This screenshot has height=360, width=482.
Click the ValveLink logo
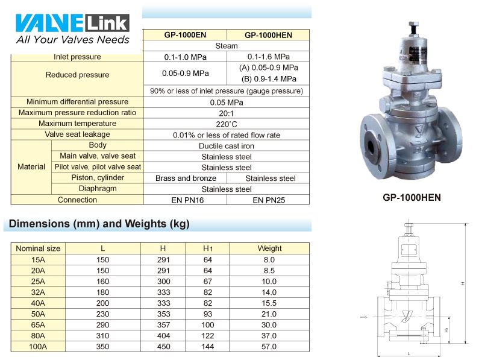pyautogui.click(x=72, y=29)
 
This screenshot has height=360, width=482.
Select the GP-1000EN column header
pyautogui.click(x=186, y=35)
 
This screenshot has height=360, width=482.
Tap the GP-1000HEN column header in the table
pyautogui.click(x=268, y=35)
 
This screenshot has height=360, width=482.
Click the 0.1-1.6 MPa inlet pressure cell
pyautogui.click(x=268, y=57)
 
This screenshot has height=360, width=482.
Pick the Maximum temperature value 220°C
pyautogui.click(x=227, y=124)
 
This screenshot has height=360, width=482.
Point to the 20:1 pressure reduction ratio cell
pyautogui.click(x=227, y=113)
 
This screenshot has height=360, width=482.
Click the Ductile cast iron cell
pyautogui.click(x=227, y=146)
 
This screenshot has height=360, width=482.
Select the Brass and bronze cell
pyautogui.click(x=186, y=178)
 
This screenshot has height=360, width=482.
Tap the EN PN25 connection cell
pyautogui.click(x=268, y=200)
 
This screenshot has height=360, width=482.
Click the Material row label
pyautogui.click(x=31, y=167)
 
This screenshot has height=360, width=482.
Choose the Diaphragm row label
pyautogui.click(x=98, y=189)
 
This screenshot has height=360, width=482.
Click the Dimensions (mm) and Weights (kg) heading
pyautogui.click(x=99, y=224)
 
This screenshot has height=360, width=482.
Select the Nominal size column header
pyautogui.click(x=38, y=248)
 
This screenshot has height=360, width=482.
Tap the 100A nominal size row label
pyautogui.click(x=38, y=347)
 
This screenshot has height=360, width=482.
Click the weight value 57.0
pyautogui.click(x=269, y=347)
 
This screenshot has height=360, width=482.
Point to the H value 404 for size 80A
pyautogui.click(x=163, y=335)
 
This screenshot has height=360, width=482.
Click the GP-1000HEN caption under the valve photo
pyautogui.click(x=412, y=197)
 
